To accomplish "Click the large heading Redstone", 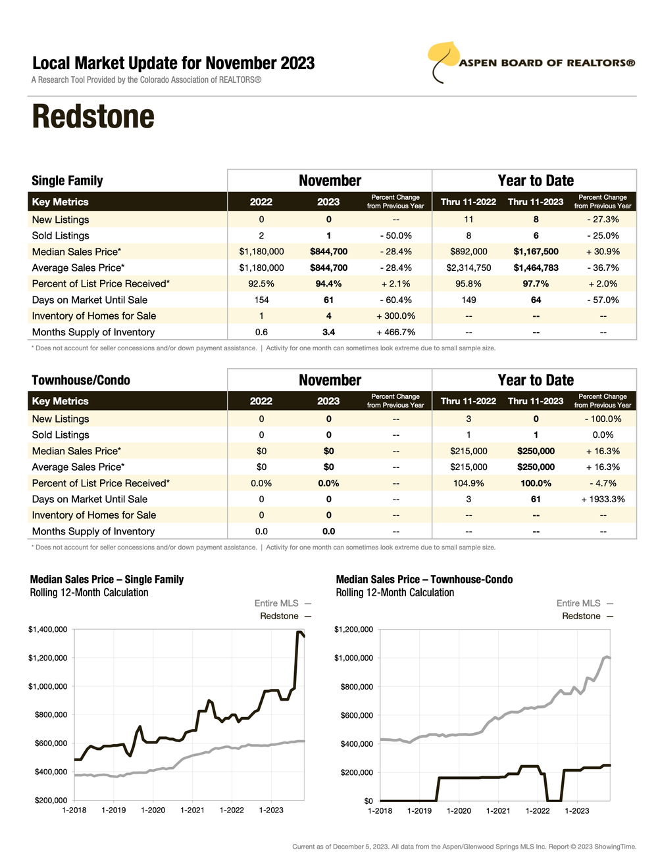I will coord(93,117).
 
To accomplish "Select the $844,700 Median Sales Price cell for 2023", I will coord(328,252).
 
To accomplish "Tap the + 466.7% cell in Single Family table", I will coord(395,333).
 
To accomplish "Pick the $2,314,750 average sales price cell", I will coord(468,268).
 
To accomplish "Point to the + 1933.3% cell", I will coord(603,500).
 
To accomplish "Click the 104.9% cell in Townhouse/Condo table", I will coord(468,483).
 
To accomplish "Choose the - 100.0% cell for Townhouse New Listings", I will coord(603,419).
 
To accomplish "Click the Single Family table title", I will coord(67,181).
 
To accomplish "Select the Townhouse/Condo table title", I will coord(81,381).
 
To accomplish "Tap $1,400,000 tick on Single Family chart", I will coord(47,630).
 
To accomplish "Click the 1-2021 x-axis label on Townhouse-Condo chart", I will coord(498,811).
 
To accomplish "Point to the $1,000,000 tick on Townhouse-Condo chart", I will coord(353,658).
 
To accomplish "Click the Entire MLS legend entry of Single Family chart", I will coord(276,603).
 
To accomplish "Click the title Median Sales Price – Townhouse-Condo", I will coord(424,580).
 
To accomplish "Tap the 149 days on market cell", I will coord(468,300).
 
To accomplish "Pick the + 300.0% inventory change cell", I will coord(395,316).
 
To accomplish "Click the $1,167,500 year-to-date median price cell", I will coord(536,252).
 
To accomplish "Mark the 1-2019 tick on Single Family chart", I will coord(113,810).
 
